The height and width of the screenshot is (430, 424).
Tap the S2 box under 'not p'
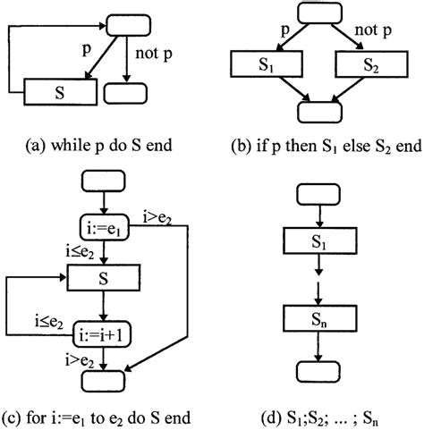[367, 66]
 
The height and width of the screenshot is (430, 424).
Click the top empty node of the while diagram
[132, 24]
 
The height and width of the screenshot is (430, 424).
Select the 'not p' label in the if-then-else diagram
[370, 35]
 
